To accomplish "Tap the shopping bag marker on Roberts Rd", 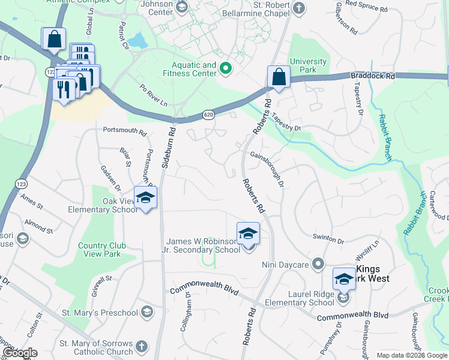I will (279, 77).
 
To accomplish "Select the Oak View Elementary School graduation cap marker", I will (145, 198).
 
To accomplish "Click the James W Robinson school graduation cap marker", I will (248, 235).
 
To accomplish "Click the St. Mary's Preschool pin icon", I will (148, 312).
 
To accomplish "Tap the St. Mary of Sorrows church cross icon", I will (141, 346).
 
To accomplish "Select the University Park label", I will (309, 65).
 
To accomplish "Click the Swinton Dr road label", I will (328, 238).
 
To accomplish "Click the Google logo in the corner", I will (19, 353).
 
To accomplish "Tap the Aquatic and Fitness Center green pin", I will (226, 68).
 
